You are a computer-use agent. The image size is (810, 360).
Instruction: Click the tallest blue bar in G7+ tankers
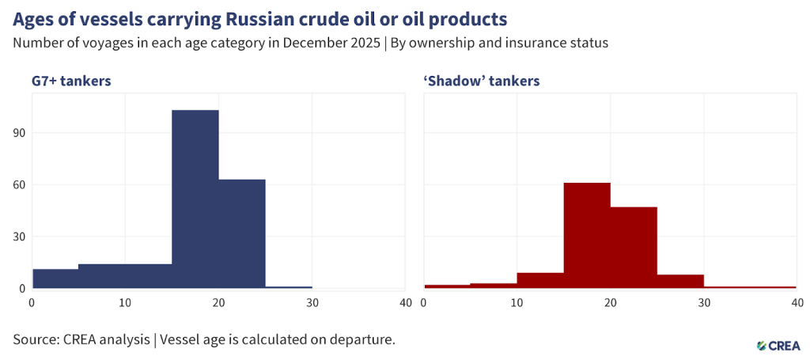(x=195, y=198)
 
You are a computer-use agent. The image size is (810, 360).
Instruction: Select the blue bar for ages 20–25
(x=242, y=233)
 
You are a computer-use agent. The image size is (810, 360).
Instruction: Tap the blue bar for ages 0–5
(x=55, y=279)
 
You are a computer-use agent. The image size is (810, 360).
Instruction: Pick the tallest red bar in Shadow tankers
(x=586, y=235)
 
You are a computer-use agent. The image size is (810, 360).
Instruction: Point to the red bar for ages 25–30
(x=679, y=281)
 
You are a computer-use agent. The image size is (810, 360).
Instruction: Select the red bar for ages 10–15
(x=540, y=280)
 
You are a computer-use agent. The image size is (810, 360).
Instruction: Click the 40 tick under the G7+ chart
(x=406, y=303)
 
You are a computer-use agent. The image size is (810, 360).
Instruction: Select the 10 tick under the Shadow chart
(x=517, y=303)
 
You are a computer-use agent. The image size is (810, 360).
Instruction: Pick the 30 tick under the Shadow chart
(x=704, y=303)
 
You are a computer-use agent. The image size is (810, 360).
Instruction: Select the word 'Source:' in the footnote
(x=37, y=339)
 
